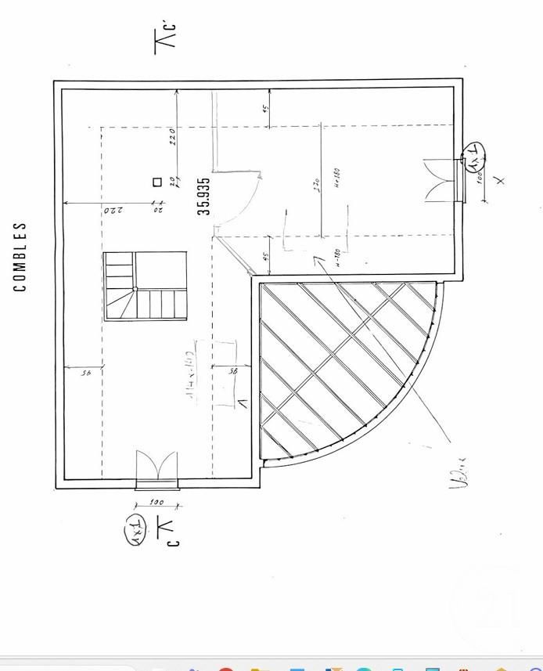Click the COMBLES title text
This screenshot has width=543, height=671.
[20, 257]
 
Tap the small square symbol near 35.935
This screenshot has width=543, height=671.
[157, 182]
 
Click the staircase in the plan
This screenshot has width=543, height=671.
[146, 286]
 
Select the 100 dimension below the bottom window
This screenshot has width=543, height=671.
[156, 503]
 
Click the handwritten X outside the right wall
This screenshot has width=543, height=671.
[501, 180]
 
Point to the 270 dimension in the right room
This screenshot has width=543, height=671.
[316, 185]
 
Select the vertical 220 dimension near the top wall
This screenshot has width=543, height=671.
[172, 137]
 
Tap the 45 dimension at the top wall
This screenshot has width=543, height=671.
[265, 107]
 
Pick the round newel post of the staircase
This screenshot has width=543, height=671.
[135, 289]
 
